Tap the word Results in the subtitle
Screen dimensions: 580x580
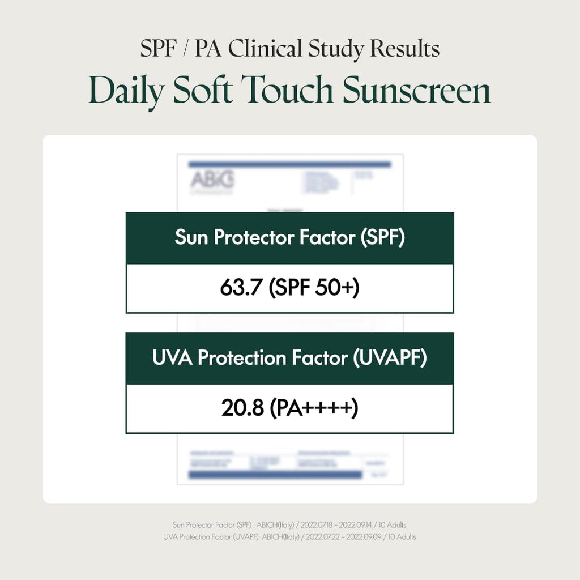(x=405, y=49)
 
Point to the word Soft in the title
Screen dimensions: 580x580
(x=201, y=91)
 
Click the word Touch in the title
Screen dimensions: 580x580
(x=292, y=91)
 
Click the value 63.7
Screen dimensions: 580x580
(x=241, y=289)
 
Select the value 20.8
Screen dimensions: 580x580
(x=241, y=409)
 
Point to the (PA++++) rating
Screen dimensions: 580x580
(x=313, y=409)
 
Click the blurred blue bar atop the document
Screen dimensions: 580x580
(x=290, y=164)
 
